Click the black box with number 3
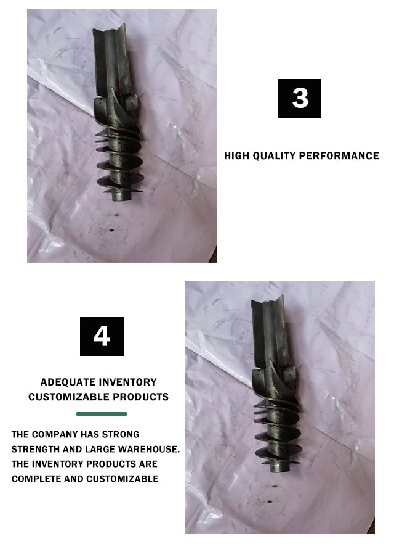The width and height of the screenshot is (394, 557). pyautogui.click(x=299, y=99)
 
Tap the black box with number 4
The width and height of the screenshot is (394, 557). pyautogui.click(x=102, y=336)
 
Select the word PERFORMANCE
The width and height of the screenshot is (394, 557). pyautogui.click(x=339, y=156)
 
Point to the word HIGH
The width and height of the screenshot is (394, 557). pyautogui.click(x=237, y=156)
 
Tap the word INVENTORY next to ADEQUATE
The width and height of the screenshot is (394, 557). pyautogui.click(x=127, y=382)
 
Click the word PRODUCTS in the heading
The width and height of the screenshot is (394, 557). pyautogui.click(x=141, y=397)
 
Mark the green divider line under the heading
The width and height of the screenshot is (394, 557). pyautogui.click(x=102, y=414)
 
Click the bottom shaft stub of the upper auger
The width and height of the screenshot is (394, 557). pyautogui.click(x=121, y=195)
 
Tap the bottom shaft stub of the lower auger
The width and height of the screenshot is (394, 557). pyautogui.click(x=279, y=466)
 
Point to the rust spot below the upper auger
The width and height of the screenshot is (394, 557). pyautogui.click(x=111, y=230)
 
